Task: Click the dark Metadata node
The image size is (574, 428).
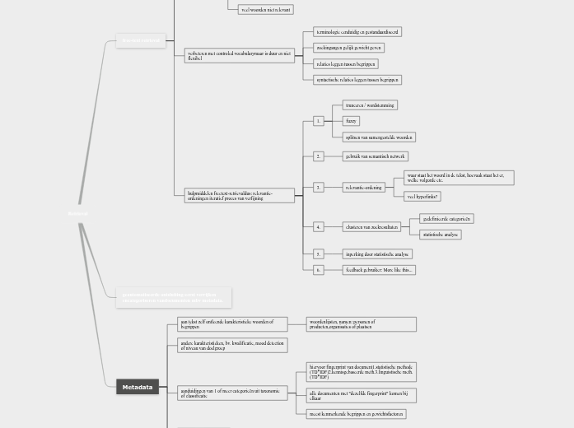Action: [138, 387]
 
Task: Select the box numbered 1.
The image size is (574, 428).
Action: [319, 121]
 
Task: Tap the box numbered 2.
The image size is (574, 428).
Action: [319, 156]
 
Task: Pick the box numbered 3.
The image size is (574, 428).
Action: [319, 188]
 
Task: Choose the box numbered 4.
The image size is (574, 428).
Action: [319, 226]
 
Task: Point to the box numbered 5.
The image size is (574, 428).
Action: [319, 254]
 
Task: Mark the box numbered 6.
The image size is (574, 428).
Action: [319, 269]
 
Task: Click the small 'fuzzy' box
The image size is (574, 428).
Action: [352, 121]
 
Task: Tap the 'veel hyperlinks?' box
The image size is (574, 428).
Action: [423, 197]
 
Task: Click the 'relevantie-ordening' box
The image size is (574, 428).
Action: [364, 188]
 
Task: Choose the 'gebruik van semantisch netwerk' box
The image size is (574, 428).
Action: [376, 156]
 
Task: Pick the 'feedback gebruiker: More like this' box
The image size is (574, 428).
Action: [379, 269]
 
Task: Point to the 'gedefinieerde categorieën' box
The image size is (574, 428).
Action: [446, 219]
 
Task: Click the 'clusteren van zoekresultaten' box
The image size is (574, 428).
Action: [371, 226]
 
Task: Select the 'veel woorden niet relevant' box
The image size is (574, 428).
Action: [265, 10]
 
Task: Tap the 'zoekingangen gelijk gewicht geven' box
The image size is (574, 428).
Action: [349, 48]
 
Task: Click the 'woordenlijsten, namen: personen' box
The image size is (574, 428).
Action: [361, 324]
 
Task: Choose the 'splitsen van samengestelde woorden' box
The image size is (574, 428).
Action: [380, 137]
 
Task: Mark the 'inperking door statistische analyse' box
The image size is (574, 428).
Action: [376, 254]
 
